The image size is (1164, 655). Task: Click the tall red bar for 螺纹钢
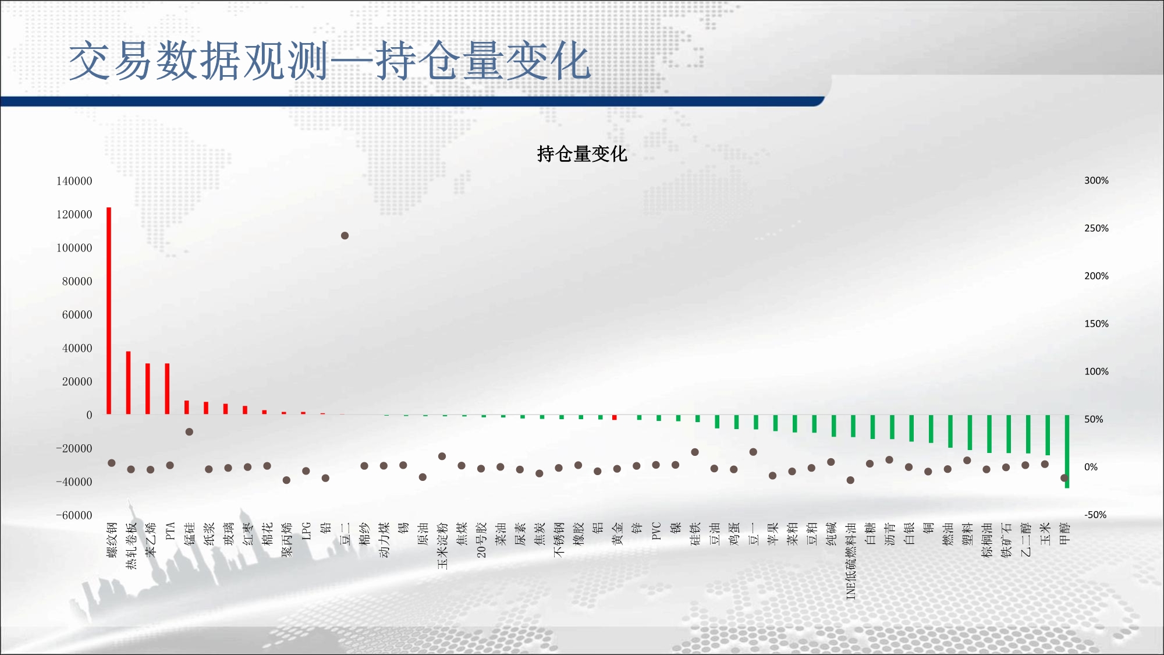coord(109,311)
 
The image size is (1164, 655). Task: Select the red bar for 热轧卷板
coord(129,383)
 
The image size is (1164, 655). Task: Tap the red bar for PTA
coord(168,389)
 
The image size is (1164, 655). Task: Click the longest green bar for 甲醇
coord(1067,451)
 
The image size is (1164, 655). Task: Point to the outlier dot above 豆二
coord(345,236)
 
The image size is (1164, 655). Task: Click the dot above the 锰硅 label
coord(189,432)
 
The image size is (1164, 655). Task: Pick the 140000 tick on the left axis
coord(74,181)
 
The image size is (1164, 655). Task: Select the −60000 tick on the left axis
coord(74,515)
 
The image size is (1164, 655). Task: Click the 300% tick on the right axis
coord(1096,180)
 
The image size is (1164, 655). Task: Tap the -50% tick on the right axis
coord(1095,515)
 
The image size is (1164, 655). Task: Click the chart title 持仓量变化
coord(582,154)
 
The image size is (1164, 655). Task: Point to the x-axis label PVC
coord(656,531)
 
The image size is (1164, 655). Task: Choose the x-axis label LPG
coord(306,531)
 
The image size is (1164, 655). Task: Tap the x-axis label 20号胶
coord(481,540)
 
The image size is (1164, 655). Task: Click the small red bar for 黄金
coord(615,417)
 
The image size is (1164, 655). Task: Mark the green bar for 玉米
coord(1048,435)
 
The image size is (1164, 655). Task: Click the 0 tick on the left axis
coord(89,415)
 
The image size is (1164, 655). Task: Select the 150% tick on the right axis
coord(1096,324)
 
